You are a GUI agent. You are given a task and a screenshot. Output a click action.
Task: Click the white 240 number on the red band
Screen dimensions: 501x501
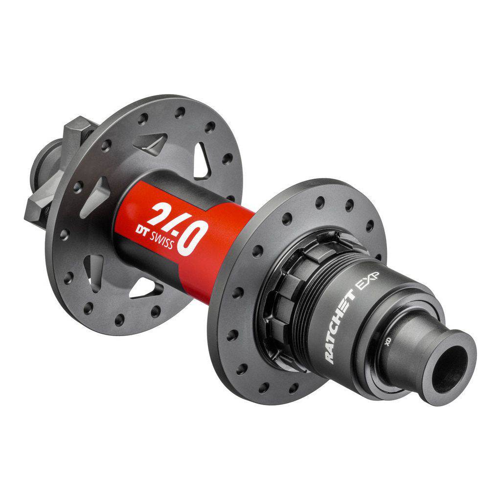(x=177, y=227)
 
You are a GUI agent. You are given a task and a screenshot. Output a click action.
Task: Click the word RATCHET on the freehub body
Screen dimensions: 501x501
(x=340, y=326)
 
